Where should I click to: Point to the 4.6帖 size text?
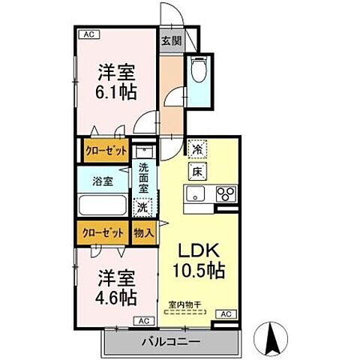116,296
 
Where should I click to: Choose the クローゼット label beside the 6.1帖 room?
104,150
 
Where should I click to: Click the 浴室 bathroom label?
102,181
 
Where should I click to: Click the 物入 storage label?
143,232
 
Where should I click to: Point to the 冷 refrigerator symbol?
196,150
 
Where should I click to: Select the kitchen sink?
198,195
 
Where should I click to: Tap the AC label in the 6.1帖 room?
88,34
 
